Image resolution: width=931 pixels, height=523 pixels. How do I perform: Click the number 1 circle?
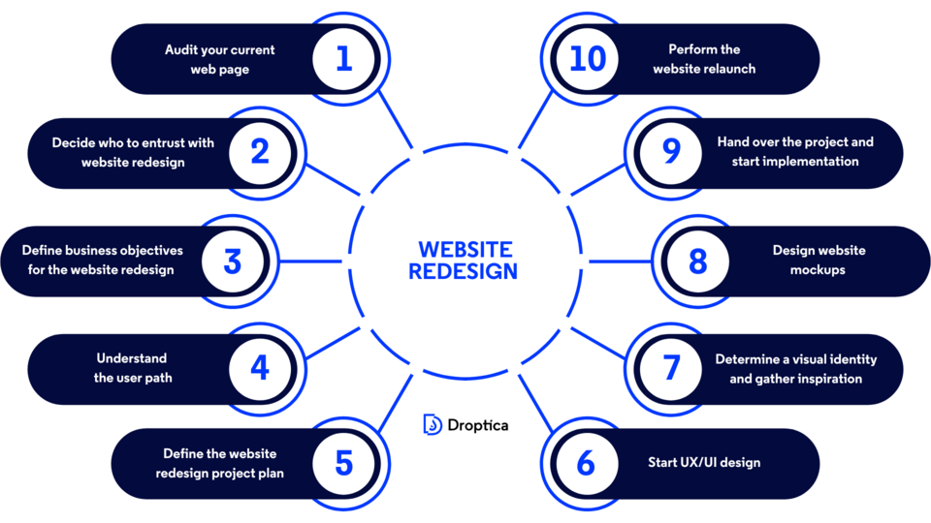coord(344,59)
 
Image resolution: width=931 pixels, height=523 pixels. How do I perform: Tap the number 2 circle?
coord(259,153)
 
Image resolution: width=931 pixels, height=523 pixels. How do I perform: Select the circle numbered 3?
coord(232,261)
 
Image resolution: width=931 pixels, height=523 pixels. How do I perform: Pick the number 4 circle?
coord(259,368)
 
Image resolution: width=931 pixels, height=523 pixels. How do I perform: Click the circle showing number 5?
coord(344,463)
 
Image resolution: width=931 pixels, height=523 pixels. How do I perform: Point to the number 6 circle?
coord(586,463)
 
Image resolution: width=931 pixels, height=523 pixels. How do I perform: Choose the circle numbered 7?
coord(671,368)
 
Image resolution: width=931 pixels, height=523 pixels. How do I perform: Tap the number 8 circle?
coord(698,261)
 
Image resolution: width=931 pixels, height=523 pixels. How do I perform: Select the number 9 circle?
coord(671,153)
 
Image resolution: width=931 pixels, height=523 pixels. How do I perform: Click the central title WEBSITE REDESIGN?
coord(465,261)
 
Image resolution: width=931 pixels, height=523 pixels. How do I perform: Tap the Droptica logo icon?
coord(433,424)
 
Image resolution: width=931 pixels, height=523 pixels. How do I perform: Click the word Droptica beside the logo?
coord(478,425)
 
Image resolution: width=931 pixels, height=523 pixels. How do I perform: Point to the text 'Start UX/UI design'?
coord(704,463)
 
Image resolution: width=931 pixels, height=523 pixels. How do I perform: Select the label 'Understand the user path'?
coord(133,368)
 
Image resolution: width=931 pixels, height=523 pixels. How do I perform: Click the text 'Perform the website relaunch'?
coord(704,59)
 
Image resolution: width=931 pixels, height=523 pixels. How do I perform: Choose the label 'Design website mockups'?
coord(819,261)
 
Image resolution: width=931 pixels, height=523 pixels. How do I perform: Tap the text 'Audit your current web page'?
coord(219,59)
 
